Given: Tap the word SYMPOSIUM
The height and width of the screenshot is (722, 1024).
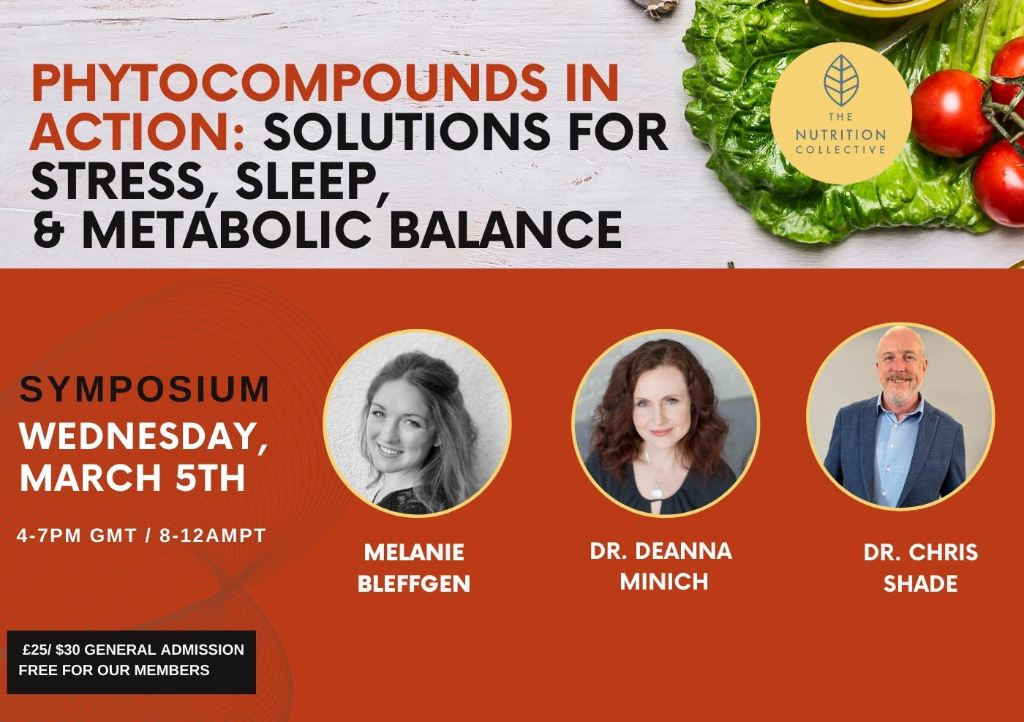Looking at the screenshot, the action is click(145, 389).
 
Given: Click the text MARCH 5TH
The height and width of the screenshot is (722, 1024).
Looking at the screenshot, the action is click(132, 477).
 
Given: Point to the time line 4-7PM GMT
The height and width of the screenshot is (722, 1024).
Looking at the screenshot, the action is click(77, 535).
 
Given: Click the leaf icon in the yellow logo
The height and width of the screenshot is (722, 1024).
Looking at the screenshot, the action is click(841, 78).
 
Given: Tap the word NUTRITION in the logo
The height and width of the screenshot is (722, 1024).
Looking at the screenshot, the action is click(840, 135).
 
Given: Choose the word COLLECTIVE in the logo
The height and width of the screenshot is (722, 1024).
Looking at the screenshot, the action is click(840, 150).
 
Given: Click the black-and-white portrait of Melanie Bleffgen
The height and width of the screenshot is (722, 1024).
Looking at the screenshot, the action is click(417, 424).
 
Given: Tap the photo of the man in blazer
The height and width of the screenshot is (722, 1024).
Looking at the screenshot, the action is click(900, 416).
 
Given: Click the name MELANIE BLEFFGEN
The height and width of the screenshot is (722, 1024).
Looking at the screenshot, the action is click(414, 568).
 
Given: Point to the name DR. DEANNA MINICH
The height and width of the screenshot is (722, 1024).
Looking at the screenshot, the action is click(661, 566).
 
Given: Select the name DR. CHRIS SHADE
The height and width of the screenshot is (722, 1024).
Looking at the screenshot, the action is click(921, 568).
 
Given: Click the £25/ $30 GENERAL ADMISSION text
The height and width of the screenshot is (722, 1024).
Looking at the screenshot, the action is click(133, 650).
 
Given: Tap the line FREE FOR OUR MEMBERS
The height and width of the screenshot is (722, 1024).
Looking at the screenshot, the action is click(114, 670).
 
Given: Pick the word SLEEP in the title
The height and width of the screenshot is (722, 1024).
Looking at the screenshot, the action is click(313, 181).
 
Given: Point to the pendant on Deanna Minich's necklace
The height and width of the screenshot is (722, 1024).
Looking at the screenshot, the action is click(657, 492).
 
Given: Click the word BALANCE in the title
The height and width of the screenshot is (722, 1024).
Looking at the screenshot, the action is click(505, 229).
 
